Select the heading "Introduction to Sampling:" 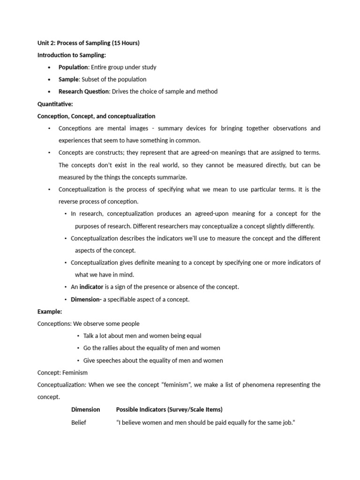72,55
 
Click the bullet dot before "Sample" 49,80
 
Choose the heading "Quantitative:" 55,104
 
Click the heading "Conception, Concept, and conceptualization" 96,116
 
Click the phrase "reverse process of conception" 98,202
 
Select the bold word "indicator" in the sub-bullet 91,287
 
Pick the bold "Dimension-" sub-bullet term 86,299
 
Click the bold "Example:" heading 49,311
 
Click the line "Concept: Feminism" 62,372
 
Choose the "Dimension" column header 85,409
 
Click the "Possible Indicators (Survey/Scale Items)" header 169,409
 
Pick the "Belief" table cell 78,422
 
